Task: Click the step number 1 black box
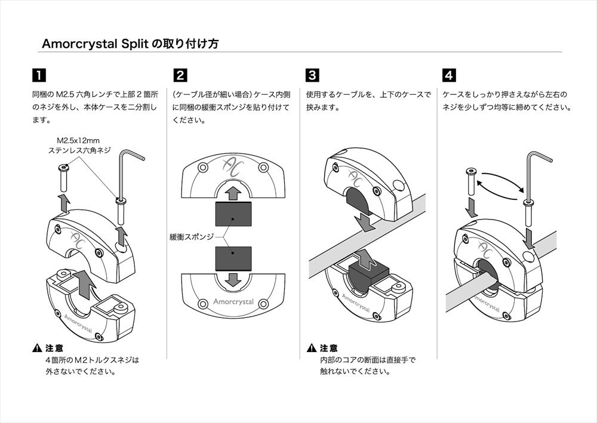[x=39, y=76]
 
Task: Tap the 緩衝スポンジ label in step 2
[x=192, y=237]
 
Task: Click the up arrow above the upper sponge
[x=233, y=192]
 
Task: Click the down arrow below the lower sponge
[x=233, y=280]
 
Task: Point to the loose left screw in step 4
[x=470, y=180]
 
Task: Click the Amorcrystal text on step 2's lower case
[x=233, y=302]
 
